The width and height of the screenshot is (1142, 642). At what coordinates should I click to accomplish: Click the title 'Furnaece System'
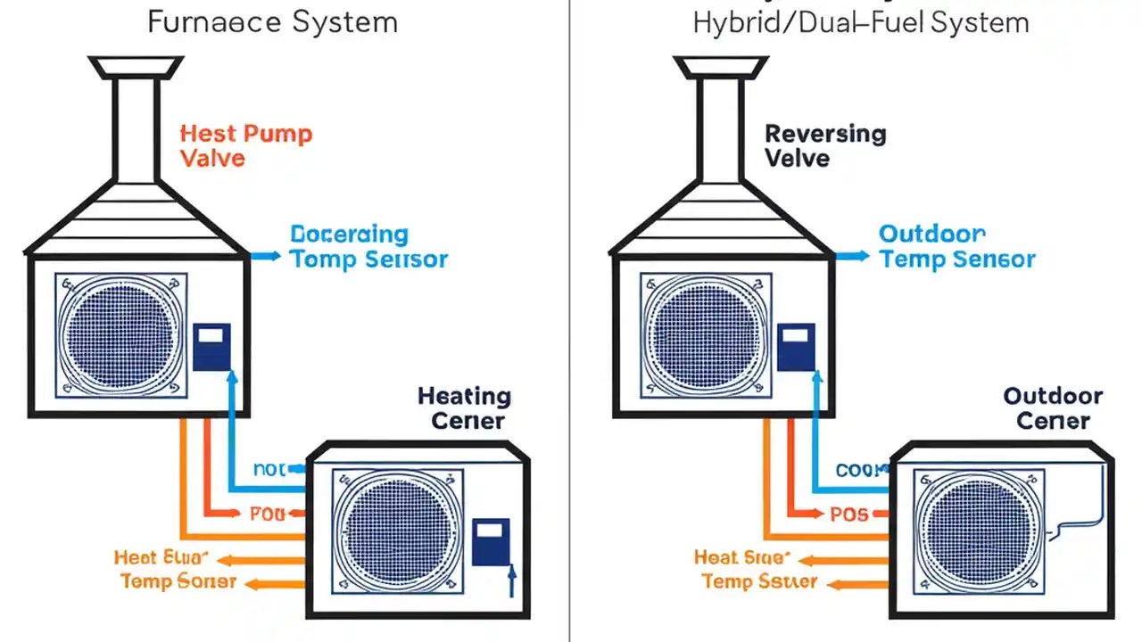pyautogui.click(x=272, y=21)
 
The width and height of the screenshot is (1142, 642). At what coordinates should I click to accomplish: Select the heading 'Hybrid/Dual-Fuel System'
pyautogui.click(x=860, y=21)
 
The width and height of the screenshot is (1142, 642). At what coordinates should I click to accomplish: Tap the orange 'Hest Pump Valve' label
pyautogui.click(x=245, y=146)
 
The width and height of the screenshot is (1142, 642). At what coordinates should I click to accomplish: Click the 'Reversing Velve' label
pyautogui.click(x=825, y=146)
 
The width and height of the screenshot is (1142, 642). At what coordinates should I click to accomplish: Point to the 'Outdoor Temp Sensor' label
pyautogui.click(x=956, y=247)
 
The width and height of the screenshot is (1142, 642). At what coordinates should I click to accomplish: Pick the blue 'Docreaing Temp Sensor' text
pyautogui.click(x=368, y=247)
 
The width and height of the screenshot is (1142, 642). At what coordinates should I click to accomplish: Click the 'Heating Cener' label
pyautogui.click(x=464, y=408)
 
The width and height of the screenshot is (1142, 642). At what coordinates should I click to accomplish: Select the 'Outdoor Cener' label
pyautogui.click(x=1053, y=408)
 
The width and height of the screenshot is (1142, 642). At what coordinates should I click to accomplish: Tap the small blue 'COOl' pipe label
pyautogui.click(x=858, y=470)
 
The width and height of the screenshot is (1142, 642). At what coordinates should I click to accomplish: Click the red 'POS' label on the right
pyautogui.click(x=848, y=514)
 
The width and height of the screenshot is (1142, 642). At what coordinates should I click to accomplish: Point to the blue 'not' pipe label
pyautogui.click(x=269, y=469)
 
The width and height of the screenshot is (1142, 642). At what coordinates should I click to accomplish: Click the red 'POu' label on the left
pyautogui.click(x=267, y=514)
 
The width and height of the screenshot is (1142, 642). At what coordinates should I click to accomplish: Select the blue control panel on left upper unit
pyautogui.click(x=211, y=347)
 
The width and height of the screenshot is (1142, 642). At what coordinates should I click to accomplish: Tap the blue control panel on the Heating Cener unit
pyautogui.click(x=491, y=541)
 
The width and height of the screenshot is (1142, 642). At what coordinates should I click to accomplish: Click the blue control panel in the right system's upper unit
pyautogui.click(x=796, y=347)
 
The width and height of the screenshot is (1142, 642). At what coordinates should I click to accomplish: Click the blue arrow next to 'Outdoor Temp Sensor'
pyautogui.click(x=851, y=256)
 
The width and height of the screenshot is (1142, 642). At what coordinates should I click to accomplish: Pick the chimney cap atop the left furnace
pyautogui.click(x=136, y=67)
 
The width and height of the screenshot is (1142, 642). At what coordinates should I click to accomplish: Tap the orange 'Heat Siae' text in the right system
pyautogui.click(x=741, y=558)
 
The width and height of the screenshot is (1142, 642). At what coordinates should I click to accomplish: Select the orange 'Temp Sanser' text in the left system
pyautogui.click(x=178, y=582)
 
